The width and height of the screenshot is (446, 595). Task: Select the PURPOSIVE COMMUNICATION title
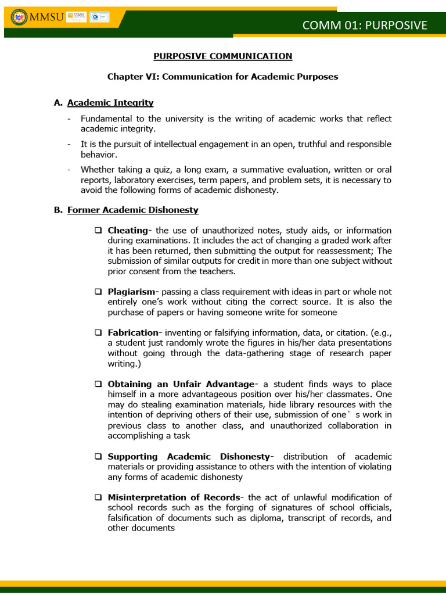click(222, 56)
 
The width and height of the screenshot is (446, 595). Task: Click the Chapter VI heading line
click(222, 76)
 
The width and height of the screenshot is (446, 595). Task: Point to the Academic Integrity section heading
click(110, 103)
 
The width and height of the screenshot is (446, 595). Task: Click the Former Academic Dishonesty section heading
click(132, 210)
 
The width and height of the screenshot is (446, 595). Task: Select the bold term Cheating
click(128, 231)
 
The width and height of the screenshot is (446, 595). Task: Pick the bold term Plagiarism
click(131, 292)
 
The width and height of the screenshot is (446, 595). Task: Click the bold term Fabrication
click(133, 333)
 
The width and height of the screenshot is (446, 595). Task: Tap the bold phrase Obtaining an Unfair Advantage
click(181, 384)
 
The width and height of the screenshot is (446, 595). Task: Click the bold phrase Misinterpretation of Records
click(174, 497)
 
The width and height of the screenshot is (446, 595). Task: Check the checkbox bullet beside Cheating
click(99, 231)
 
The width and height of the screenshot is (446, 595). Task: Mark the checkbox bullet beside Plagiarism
click(99, 292)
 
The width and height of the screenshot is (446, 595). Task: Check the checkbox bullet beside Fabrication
click(99, 333)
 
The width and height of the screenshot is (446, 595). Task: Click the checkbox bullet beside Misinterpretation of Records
click(99, 497)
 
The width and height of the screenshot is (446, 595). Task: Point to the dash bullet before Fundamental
click(69, 119)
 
